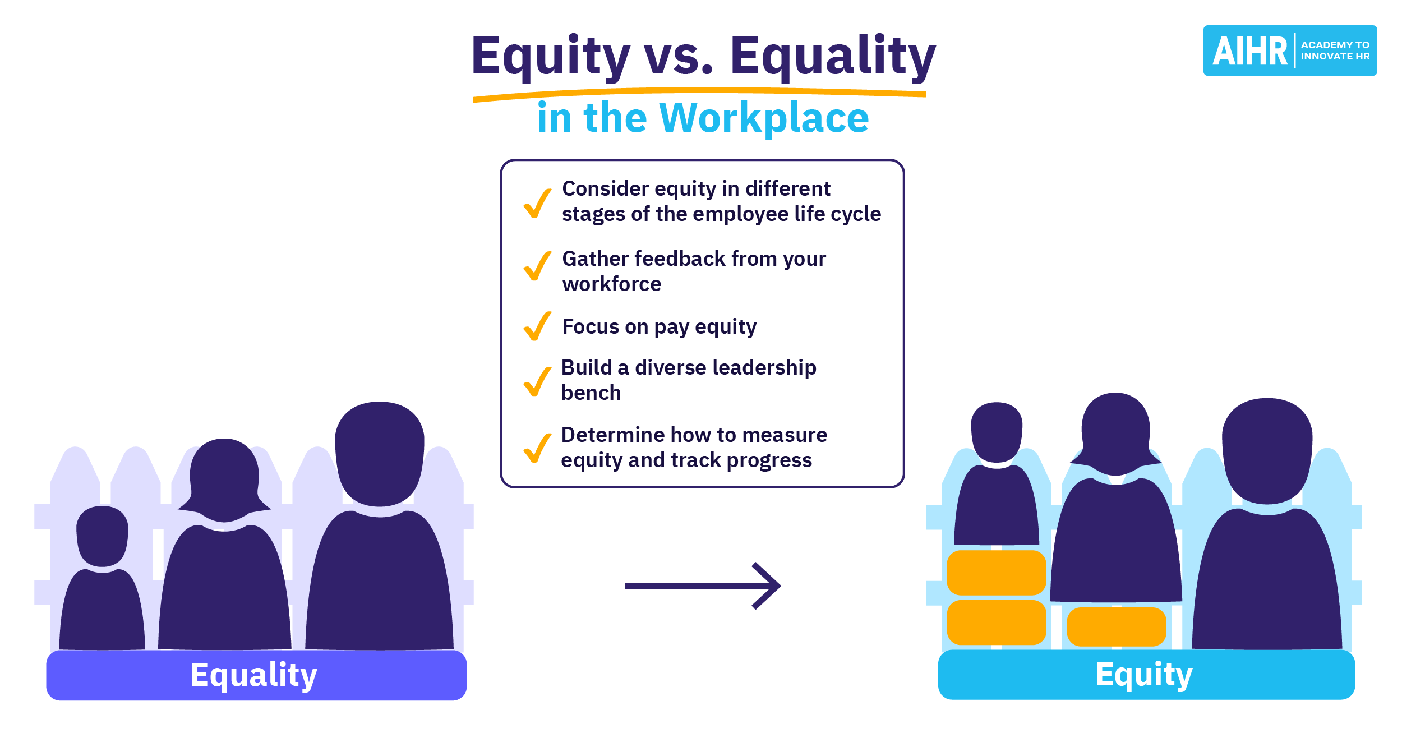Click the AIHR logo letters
point(1249,51)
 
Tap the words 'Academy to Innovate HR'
point(1335,50)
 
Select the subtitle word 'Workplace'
point(764,118)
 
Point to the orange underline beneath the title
point(699,92)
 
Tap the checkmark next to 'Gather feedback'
point(537,266)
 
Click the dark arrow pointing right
point(703,586)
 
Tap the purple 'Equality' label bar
point(256,675)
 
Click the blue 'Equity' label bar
point(1146,675)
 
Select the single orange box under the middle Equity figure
point(1117,627)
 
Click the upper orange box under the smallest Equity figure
point(997,573)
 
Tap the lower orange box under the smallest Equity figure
point(997,623)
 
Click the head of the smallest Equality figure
point(102,536)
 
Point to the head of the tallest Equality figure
point(380,454)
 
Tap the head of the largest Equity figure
point(1267,451)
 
